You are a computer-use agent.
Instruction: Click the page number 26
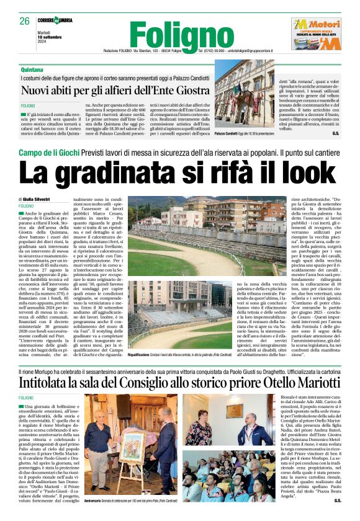pyautogui.click(x=25, y=21)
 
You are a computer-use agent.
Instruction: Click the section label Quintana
pyautogui.click(x=32, y=71)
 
